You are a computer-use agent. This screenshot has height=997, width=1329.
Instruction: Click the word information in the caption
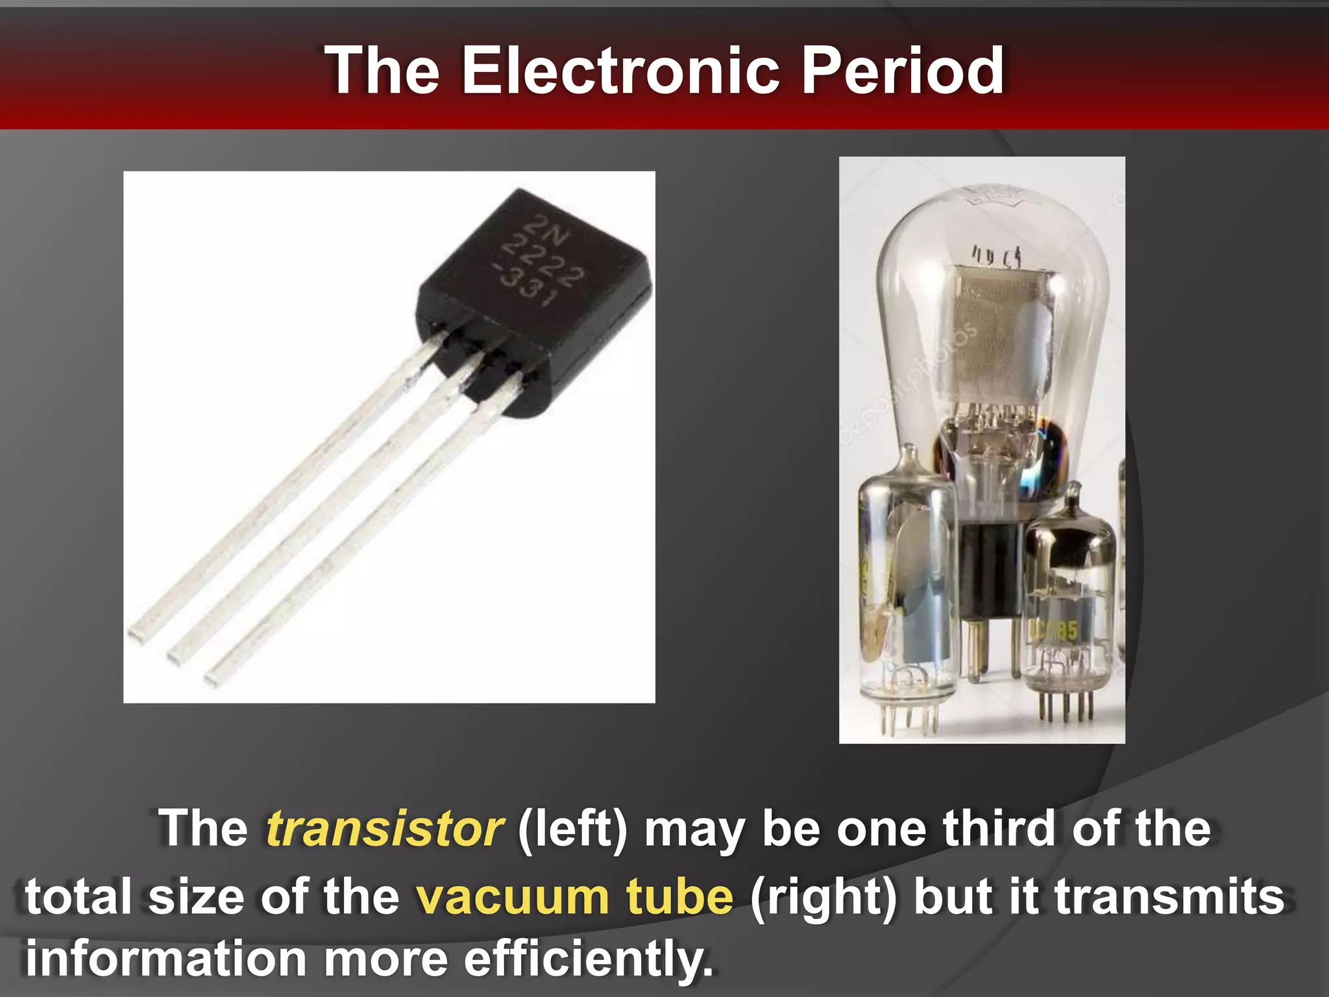point(166,959)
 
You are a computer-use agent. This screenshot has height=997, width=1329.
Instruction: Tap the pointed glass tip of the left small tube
point(910,454)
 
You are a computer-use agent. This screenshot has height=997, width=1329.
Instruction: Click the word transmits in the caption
point(1169,896)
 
